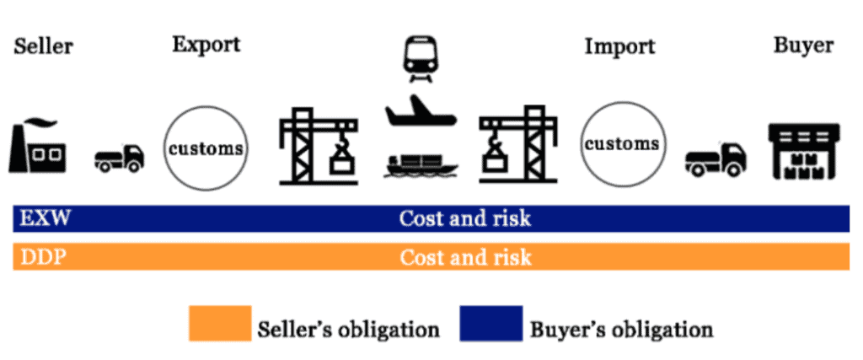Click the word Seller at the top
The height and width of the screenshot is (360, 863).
pyautogui.click(x=44, y=46)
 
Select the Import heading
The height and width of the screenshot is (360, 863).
pyautogui.click(x=619, y=47)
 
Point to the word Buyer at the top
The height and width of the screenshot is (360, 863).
pyautogui.click(x=803, y=46)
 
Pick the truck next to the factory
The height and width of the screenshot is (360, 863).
pyautogui.click(x=120, y=159)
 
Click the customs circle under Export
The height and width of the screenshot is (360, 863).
pyautogui.click(x=206, y=148)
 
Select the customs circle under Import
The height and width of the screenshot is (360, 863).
pyautogui.click(x=623, y=144)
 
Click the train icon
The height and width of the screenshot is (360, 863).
pyautogui.click(x=420, y=59)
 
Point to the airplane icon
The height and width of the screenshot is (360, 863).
pyautogui.click(x=421, y=112)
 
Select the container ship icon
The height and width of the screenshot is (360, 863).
pyautogui.click(x=421, y=166)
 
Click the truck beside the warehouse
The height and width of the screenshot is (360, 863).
pyautogui.click(x=716, y=159)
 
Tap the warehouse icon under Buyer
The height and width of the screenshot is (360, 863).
pyautogui.click(x=804, y=152)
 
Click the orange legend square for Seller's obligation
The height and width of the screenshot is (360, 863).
pyautogui.click(x=220, y=324)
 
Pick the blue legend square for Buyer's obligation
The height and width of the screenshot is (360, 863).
pyautogui.click(x=491, y=324)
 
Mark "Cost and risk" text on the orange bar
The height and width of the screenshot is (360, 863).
pyautogui.click(x=465, y=257)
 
